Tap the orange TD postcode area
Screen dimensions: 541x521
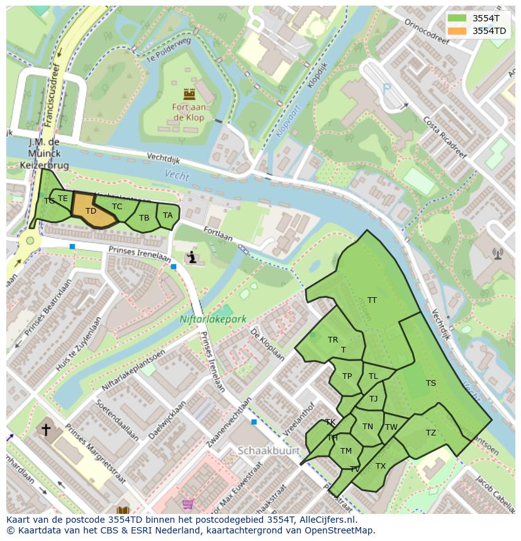point(91,210)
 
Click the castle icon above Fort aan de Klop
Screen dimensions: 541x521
point(189,94)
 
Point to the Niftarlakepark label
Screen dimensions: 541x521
point(213,319)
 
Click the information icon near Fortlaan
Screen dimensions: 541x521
point(192,257)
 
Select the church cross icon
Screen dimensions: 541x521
point(45,430)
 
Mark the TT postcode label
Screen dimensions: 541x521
point(372,300)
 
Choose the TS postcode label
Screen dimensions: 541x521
point(430,383)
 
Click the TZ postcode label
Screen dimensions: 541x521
point(430,433)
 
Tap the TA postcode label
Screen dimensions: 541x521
point(167,216)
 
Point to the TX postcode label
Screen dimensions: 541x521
point(380,466)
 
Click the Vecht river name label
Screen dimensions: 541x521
point(177,176)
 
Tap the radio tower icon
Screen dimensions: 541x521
point(498,254)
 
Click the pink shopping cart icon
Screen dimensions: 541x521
point(188,504)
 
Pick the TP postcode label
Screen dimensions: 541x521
point(347,376)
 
